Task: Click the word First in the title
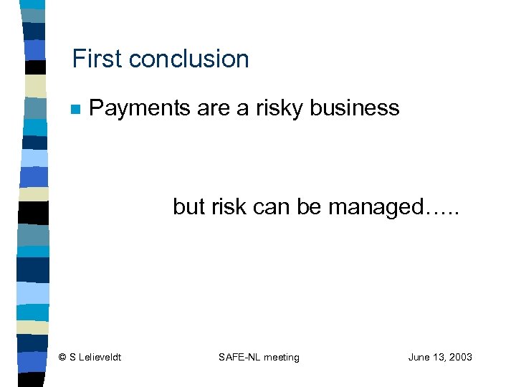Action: [x=97, y=59]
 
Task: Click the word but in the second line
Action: [x=188, y=207]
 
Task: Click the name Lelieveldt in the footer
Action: [x=100, y=357]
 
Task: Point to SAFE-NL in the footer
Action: [x=239, y=357]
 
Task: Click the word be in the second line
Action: [x=309, y=207]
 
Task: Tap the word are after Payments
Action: [x=211, y=108]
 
